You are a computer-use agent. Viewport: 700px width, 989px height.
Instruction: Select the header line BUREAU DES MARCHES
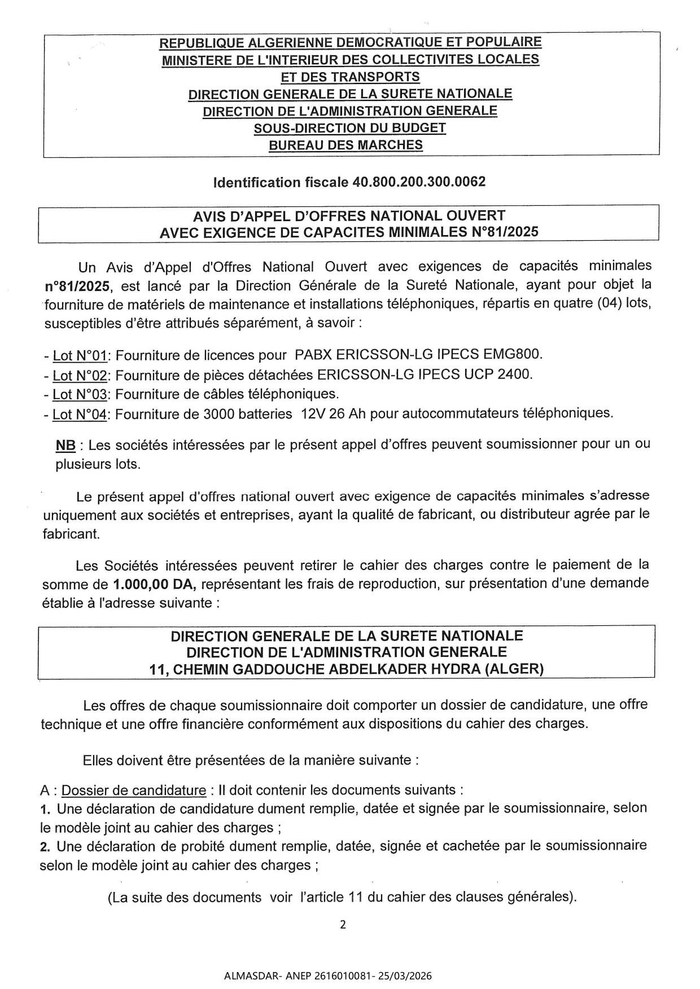(345, 145)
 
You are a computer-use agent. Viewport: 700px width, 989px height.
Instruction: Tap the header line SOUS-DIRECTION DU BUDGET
(350, 128)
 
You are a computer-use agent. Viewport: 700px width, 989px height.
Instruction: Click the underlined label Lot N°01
(80, 356)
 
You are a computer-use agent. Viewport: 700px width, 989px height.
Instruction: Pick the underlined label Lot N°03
(80, 394)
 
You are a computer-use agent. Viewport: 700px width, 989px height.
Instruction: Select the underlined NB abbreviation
(65, 445)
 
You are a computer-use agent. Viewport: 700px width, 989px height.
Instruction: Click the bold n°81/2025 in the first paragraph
(77, 286)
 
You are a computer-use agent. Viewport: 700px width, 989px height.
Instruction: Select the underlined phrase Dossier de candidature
(134, 791)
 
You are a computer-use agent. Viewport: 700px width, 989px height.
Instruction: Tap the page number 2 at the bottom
(343, 925)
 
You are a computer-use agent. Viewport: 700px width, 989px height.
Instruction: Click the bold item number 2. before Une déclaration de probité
(46, 846)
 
